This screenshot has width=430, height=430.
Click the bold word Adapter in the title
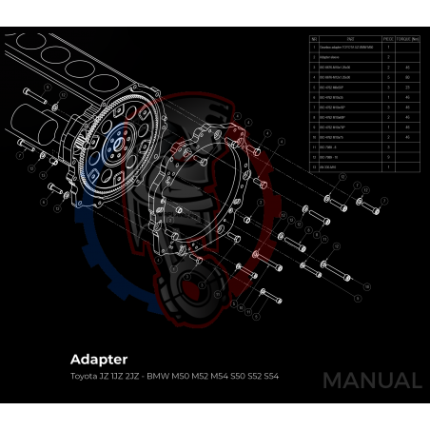tap(98, 360)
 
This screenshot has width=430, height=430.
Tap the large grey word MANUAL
tap(371, 381)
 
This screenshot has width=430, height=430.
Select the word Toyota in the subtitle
tap(83, 377)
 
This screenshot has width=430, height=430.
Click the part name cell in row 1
tap(349, 49)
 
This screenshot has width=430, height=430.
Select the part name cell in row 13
tap(349, 166)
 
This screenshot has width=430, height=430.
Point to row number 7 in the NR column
tap(313, 107)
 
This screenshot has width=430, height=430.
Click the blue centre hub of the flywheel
tap(115, 143)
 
